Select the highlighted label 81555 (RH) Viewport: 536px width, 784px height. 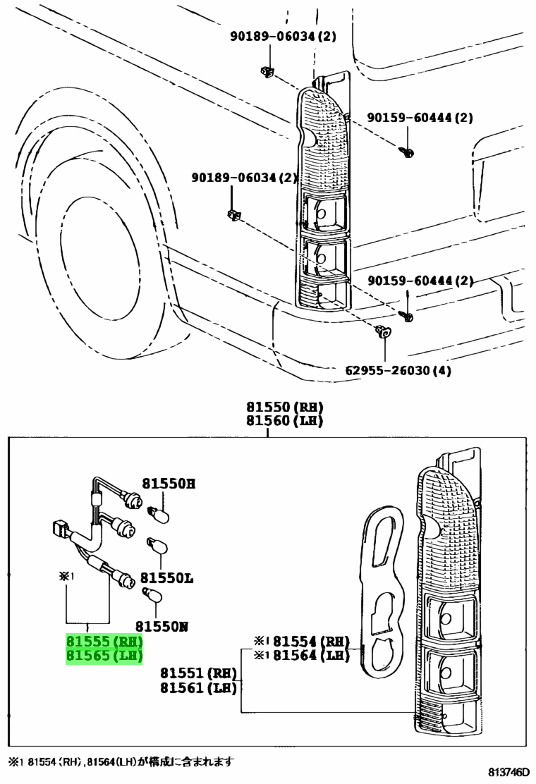(x=104, y=641)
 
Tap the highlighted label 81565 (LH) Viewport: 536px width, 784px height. (x=104, y=656)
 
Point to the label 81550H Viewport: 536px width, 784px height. (x=169, y=484)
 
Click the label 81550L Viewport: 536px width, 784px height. (x=166, y=578)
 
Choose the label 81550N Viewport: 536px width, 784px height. (x=162, y=626)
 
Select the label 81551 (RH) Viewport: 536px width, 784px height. (x=198, y=673)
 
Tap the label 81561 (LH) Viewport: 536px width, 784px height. (x=198, y=688)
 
